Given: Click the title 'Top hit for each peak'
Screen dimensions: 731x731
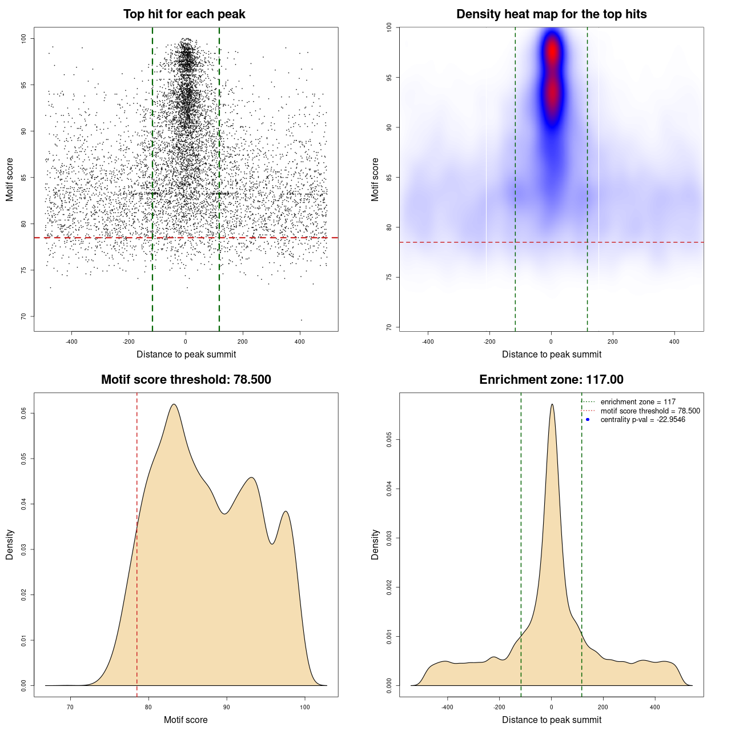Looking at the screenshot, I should click(184, 14).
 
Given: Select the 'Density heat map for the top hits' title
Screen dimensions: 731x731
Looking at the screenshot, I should click(551, 14).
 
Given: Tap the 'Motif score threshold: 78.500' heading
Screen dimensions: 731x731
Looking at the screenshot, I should click(186, 380).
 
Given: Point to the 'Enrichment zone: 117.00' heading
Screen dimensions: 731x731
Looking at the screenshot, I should click(551, 380).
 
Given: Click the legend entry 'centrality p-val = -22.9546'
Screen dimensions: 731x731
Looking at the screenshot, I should click(642, 420).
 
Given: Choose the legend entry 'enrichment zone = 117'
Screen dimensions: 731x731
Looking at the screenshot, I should click(637, 402).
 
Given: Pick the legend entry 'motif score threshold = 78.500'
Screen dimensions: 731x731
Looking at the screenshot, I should click(650, 411).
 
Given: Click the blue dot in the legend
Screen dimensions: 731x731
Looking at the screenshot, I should click(588, 420).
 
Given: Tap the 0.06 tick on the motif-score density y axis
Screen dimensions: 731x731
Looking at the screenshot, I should click(24, 413).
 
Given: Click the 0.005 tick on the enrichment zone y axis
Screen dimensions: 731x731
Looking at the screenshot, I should click(389, 439).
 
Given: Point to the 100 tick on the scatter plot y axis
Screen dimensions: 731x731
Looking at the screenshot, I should click(24, 38).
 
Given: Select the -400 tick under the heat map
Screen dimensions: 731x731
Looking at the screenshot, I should click(428, 342).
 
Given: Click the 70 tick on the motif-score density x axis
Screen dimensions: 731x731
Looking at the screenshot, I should click(70, 707).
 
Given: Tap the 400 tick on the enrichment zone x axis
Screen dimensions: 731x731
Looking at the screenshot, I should click(655, 707).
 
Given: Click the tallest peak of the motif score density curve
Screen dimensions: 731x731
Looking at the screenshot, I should click(174, 404).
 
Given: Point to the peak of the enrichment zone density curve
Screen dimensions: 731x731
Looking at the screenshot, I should click(552, 404).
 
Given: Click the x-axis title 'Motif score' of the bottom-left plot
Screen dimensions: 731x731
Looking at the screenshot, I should click(186, 720).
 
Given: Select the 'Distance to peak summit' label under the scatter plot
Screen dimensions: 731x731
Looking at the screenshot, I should click(186, 354).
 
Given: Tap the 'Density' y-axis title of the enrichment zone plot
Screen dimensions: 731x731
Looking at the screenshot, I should click(375, 544).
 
